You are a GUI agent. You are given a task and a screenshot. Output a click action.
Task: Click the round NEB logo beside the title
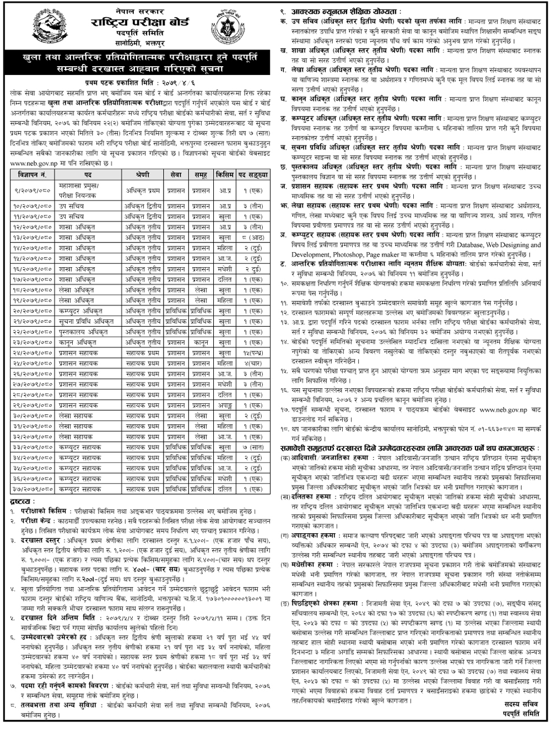pos(224,27)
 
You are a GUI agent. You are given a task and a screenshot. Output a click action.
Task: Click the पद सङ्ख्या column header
pos(253,174)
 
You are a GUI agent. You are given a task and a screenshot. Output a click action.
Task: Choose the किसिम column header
pos(224,174)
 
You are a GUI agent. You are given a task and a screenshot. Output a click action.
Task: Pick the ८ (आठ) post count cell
pos(253,237)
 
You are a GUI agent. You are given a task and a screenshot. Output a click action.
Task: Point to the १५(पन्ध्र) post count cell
pos(253,353)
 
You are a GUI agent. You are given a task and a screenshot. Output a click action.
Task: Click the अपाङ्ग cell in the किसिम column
pos(224,405)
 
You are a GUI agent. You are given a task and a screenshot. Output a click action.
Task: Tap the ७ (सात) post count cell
pos(253,447)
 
